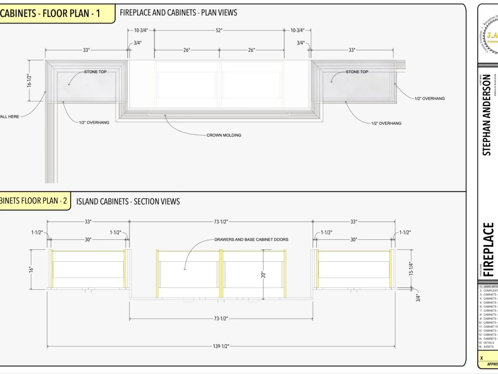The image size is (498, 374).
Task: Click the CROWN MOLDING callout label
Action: (x=224, y=135)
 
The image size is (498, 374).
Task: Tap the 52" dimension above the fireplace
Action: (x=219, y=30)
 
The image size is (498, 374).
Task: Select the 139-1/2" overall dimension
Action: (x=221, y=346)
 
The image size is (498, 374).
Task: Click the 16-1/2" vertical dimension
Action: (x=29, y=77)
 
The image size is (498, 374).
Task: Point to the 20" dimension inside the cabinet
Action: (x=263, y=274)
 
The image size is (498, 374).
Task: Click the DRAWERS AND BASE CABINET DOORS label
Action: (x=251, y=239)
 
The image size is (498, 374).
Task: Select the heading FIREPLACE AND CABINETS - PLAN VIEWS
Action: (x=178, y=12)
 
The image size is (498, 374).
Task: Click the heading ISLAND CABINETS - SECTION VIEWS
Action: (x=128, y=201)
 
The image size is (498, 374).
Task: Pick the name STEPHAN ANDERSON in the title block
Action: (x=487, y=115)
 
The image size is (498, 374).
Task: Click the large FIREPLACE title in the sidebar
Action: (x=489, y=249)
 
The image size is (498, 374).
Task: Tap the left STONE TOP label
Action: (x=95, y=72)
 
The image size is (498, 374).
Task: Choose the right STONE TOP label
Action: (x=357, y=72)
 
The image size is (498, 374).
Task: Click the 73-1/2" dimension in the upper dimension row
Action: (x=221, y=221)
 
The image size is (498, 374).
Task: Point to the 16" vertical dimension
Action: (x=31, y=269)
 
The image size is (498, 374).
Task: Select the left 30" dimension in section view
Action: (x=88, y=240)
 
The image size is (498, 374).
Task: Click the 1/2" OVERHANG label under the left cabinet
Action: (x=94, y=123)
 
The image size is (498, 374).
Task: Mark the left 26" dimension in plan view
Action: (x=187, y=50)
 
